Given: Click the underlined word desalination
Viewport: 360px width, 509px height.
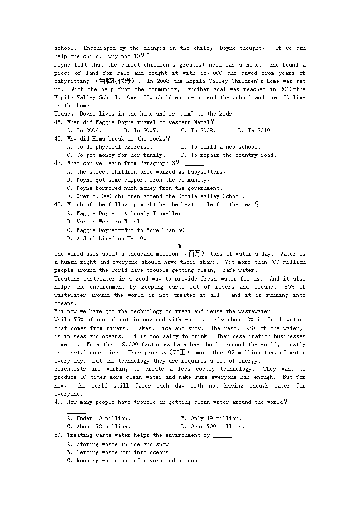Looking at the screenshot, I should click(252, 336).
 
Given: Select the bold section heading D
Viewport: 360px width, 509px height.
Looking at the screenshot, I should click(180, 246).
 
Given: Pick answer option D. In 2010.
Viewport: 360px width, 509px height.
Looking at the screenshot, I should click(256, 131).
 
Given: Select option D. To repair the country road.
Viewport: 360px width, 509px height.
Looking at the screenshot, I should click(229, 155).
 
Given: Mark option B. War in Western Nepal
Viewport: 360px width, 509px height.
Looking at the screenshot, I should click(103, 222).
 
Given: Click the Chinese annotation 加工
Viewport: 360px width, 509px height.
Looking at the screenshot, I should click(180, 353).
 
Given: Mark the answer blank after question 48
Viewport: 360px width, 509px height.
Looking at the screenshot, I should click(273, 205).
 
